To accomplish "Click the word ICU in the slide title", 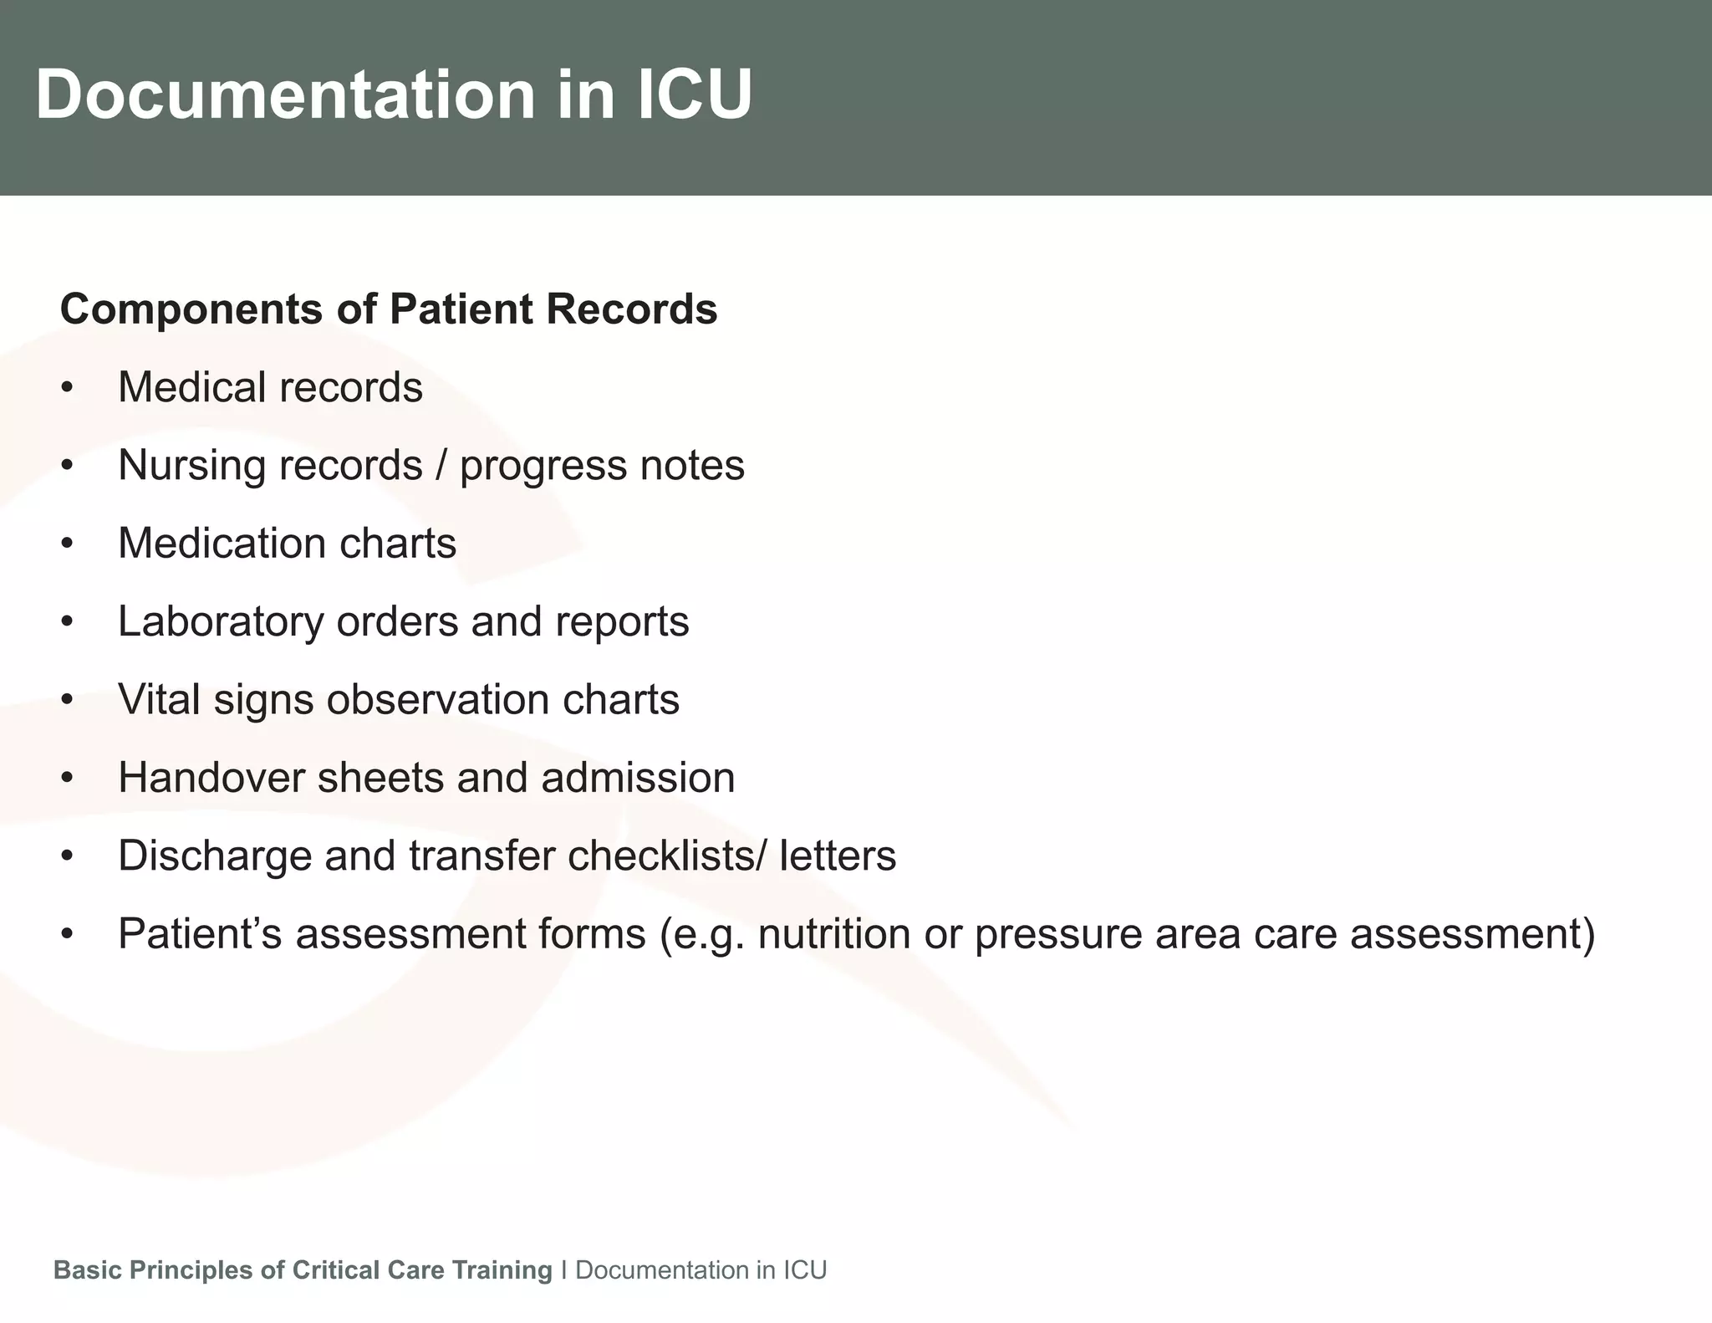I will pyautogui.click(x=695, y=94).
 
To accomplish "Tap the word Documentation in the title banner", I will pyautogui.click(x=285, y=94).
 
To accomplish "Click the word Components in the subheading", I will pyautogui.click(x=191, y=309).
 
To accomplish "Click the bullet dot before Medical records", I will pyautogui.click(x=68, y=388).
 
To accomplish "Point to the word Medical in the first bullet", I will pyautogui.click(x=191, y=387).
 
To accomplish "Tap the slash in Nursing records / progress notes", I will pyautogui.click(x=441, y=466).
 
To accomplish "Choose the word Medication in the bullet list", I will pyautogui.click(x=222, y=544).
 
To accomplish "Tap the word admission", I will pyautogui.click(x=638, y=778).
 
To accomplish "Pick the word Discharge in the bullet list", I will pyautogui.click(x=215, y=856).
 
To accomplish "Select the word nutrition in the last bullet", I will pyautogui.click(x=833, y=934).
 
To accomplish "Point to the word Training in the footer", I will pyautogui.click(x=502, y=1270).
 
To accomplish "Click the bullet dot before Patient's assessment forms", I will pyautogui.click(x=68, y=934).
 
